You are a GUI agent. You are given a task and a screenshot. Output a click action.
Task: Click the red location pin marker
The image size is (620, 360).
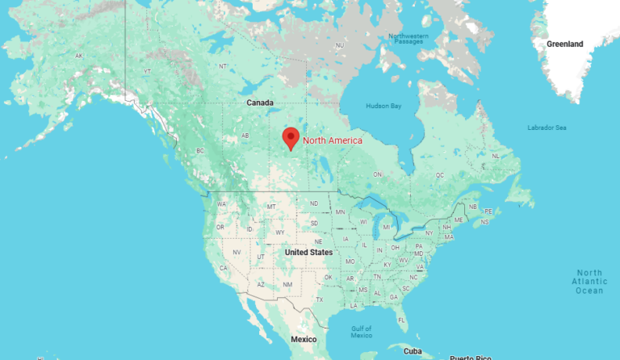tap(291, 138)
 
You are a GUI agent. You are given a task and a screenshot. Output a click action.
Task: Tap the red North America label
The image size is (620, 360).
tap(333, 140)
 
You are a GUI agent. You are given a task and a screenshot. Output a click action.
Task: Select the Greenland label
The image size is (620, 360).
tap(564, 44)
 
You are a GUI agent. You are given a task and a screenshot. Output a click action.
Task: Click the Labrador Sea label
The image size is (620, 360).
tap(547, 128)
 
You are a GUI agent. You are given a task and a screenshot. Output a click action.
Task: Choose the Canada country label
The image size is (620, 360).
tap(260, 103)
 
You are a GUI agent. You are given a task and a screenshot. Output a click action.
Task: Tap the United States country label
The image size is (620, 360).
tap(308, 253)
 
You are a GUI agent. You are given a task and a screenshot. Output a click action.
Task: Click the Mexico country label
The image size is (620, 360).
tap(304, 339)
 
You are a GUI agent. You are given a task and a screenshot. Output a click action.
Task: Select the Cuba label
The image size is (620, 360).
tap(413, 351)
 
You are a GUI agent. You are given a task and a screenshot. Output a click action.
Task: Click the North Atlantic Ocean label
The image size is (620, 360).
tap(589, 281)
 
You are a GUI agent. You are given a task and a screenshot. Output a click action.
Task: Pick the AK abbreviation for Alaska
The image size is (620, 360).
tap(79, 56)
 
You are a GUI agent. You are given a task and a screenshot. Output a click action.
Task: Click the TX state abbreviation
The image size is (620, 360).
tap(320, 299)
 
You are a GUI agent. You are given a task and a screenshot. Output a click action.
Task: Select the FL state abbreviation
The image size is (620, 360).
tap(401, 320)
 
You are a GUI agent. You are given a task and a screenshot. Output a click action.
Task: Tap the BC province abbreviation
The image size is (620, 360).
tap(200, 151)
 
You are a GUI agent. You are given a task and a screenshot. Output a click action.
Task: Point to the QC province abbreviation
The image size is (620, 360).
tap(440, 174)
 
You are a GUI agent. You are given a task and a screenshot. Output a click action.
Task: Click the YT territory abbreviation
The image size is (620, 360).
tap(147, 72)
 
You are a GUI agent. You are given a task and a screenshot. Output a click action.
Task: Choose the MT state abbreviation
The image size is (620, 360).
tap(272, 207)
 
